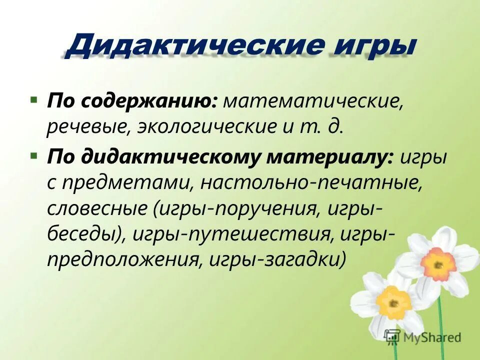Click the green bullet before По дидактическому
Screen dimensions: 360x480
33,156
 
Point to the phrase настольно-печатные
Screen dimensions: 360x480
309,184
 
